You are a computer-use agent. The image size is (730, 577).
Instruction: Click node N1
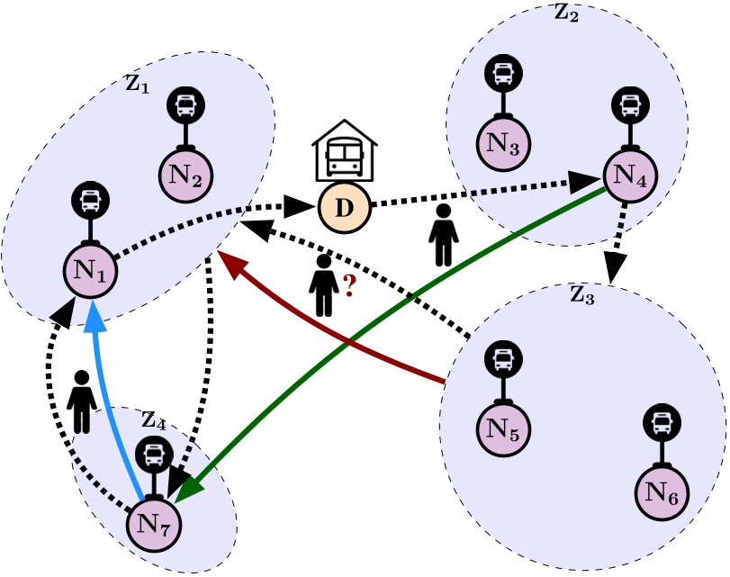(x=90, y=271)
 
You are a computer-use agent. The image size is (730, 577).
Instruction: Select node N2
(x=185, y=176)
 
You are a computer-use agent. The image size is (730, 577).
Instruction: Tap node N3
(x=503, y=143)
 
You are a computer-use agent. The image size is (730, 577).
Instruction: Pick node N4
(x=630, y=176)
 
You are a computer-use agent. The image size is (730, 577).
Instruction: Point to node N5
(x=503, y=428)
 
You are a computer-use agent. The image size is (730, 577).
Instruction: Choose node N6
(x=662, y=492)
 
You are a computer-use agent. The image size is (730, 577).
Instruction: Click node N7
(x=154, y=525)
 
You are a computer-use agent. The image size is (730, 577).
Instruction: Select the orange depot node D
(x=345, y=207)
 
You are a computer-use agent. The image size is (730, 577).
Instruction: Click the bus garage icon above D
(x=345, y=150)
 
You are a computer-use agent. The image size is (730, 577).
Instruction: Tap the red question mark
(x=349, y=285)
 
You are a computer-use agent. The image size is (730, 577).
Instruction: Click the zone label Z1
(x=138, y=85)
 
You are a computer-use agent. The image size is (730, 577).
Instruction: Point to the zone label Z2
(x=566, y=13)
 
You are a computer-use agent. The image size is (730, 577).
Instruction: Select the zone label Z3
(x=582, y=295)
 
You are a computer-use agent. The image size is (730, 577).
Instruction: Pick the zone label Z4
(x=154, y=421)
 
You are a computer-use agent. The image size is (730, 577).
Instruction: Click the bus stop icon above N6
(x=662, y=423)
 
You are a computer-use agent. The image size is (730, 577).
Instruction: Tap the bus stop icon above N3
(x=503, y=73)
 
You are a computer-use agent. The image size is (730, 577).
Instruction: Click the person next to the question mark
(x=323, y=285)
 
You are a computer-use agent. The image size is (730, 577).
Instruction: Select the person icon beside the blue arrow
(x=82, y=401)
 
